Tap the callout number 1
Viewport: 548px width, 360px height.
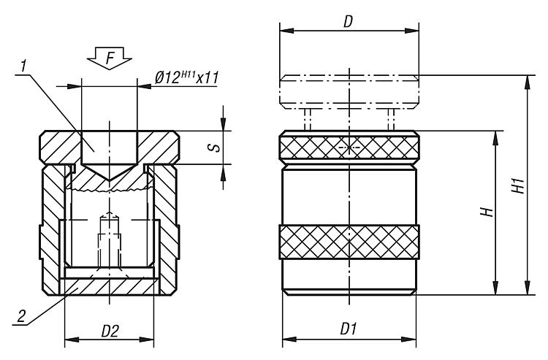click(x=25, y=66)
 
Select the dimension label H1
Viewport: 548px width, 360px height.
click(x=518, y=185)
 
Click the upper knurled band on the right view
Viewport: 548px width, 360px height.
click(x=349, y=148)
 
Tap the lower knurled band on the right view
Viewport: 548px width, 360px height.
click(x=349, y=242)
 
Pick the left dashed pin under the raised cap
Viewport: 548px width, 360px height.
click(x=308, y=119)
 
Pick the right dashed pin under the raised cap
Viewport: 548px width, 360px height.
click(x=391, y=119)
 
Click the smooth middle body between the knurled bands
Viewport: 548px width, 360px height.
click(x=349, y=194)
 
